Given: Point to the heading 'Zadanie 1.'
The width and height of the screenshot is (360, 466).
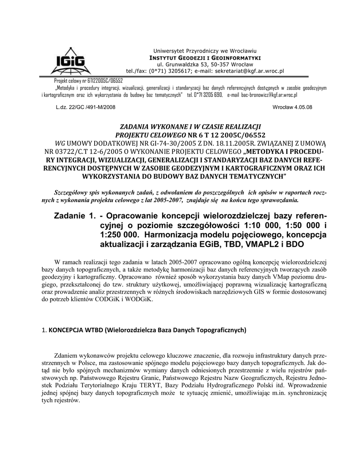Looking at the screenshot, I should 73,215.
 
